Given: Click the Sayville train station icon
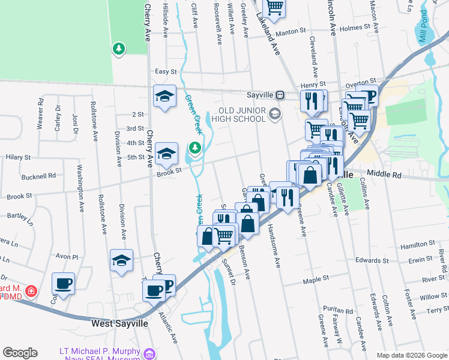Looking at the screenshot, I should click(280, 95).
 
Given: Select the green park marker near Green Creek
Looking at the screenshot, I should click(194, 147).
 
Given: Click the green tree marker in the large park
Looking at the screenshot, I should click(119, 47).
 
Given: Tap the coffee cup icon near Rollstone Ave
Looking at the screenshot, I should click(62, 283).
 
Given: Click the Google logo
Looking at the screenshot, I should click(20, 353).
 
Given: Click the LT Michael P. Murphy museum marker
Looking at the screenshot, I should click(149, 353).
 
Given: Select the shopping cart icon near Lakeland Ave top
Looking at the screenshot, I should click(274, 7).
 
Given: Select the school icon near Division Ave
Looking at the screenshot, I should click(121, 260).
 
